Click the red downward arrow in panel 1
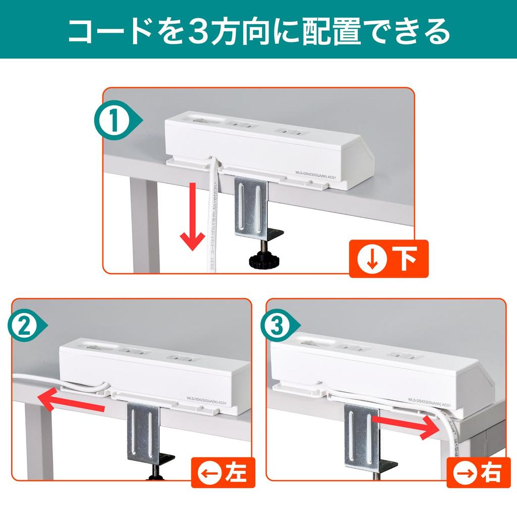(192, 217)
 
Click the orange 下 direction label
(389, 258)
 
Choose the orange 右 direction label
(477, 473)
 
